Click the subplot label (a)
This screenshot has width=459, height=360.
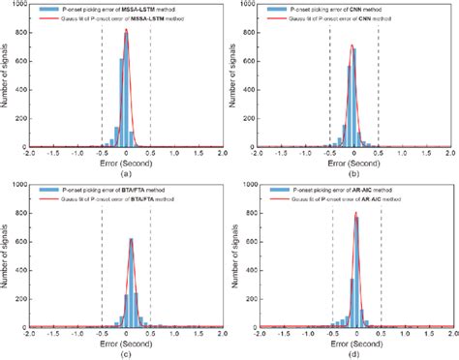pyautogui.click(x=126, y=173)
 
